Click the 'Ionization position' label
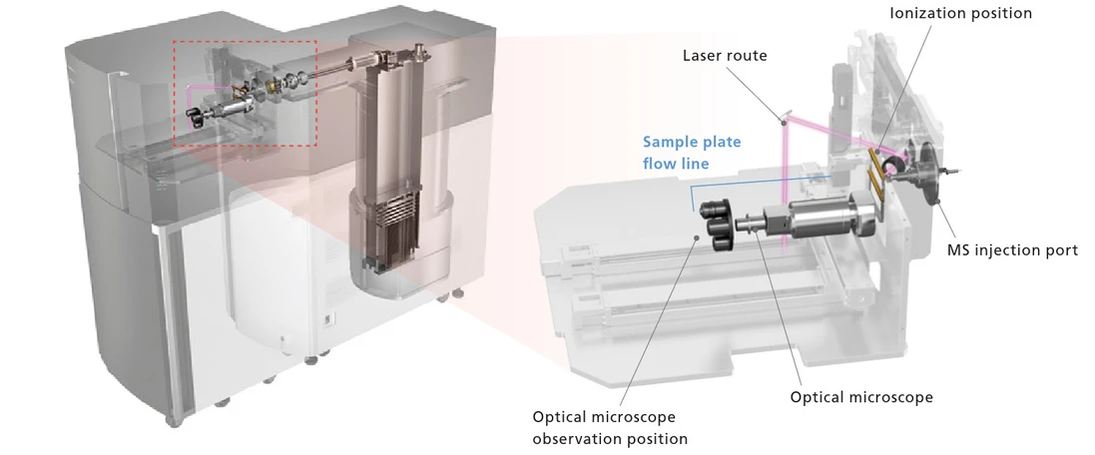[x=959, y=13]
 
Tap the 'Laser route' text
[x=725, y=55]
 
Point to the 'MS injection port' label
[x=1012, y=250]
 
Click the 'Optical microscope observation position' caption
[x=610, y=428]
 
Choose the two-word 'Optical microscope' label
[x=861, y=397]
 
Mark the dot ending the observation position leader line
[x=696, y=236]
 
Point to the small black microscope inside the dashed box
[x=198, y=117]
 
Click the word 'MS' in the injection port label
[x=959, y=250]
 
